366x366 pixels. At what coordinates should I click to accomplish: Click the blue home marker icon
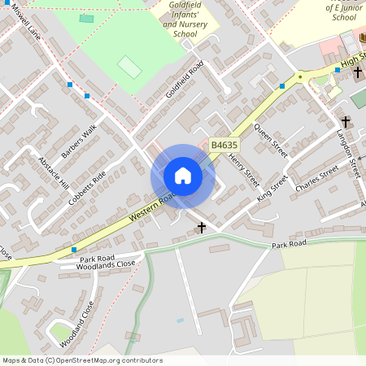pos(183,176)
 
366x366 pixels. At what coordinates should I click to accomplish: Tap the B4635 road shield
pos(224,145)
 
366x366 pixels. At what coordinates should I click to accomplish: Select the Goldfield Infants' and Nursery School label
pos(191,20)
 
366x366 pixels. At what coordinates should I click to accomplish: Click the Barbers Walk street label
pos(79,141)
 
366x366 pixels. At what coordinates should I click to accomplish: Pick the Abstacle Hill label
pos(54,172)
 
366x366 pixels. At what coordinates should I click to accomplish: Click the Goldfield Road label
pos(184,80)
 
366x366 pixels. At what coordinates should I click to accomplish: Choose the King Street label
pos(272,188)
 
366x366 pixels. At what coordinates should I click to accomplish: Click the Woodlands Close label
pos(106,265)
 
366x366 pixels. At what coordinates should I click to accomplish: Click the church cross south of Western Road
pos(202,228)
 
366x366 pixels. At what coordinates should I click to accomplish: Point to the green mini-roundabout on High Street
pos(300,77)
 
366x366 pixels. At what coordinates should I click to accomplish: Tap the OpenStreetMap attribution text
pos(81,360)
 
